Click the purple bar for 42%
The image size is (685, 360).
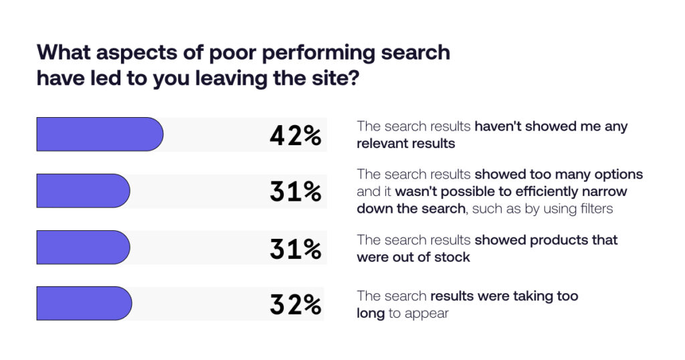click(x=100, y=134)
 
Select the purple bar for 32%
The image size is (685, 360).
click(x=84, y=303)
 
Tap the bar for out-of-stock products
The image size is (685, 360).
click(x=83, y=248)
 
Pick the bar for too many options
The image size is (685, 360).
click(x=83, y=191)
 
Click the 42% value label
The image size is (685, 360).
click(x=295, y=135)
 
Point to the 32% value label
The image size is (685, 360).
click(x=295, y=304)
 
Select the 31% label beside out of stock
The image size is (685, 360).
click(x=295, y=249)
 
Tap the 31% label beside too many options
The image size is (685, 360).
click(x=295, y=192)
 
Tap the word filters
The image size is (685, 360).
click(x=596, y=208)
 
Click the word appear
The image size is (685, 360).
click(x=426, y=314)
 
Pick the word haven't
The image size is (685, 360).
click(x=498, y=126)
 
